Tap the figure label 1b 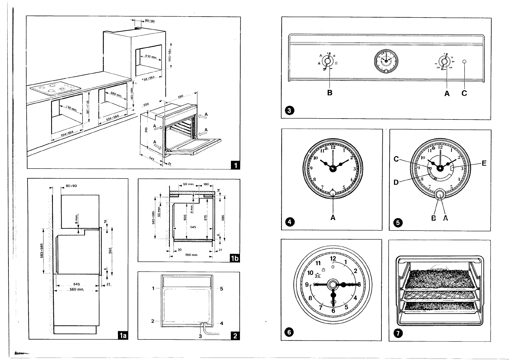pyautogui.click(x=235, y=258)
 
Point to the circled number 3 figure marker pyautogui.click(x=289, y=111)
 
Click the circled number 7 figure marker pyautogui.click(x=398, y=333)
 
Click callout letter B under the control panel pyautogui.click(x=330, y=93)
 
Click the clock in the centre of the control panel pyautogui.click(x=386, y=61)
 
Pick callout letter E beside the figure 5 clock pyautogui.click(x=484, y=163)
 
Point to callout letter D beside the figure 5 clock pyautogui.click(x=396, y=182)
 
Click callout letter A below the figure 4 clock pyautogui.click(x=333, y=217)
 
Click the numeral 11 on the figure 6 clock pyautogui.click(x=318, y=263)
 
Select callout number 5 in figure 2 pyautogui.click(x=222, y=289)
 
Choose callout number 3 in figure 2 pyautogui.click(x=200, y=336)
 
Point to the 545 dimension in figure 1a pyautogui.click(x=76, y=284)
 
